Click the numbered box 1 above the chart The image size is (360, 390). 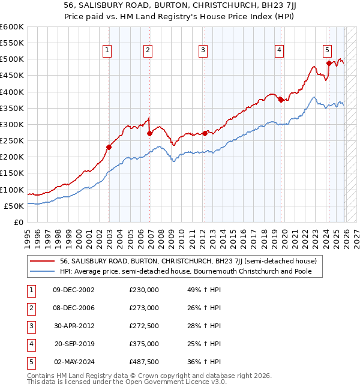click(x=107, y=50)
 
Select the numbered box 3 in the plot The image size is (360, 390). click(x=203, y=50)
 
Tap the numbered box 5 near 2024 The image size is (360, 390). click(x=327, y=50)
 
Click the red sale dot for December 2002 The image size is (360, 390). click(x=109, y=147)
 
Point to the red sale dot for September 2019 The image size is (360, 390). click(x=281, y=100)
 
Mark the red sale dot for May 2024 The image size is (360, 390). click(x=328, y=63)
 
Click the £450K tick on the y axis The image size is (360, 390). click(x=12, y=76)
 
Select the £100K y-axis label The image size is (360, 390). click(x=12, y=190)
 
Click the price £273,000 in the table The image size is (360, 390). click(x=144, y=308)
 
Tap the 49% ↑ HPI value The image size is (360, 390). click(x=205, y=290)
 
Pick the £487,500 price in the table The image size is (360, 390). click(x=144, y=362)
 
